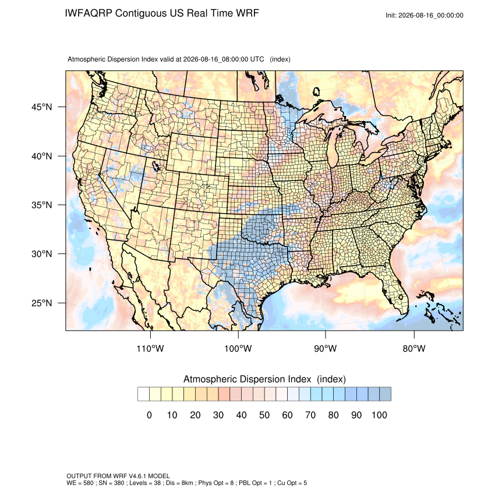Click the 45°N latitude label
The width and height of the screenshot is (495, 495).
coord(41,107)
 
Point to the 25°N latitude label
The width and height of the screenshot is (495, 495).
coord(41,303)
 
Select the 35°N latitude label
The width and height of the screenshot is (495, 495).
coord(41,205)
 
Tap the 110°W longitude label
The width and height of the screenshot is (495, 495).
coord(150,348)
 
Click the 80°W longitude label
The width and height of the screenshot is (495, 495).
coord(414,348)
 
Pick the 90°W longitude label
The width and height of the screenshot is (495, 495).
coord(325,348)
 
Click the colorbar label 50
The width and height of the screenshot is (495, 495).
coord(264,415)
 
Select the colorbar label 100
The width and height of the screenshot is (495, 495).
coord(379,415)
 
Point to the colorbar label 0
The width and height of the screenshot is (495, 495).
coord(149,415)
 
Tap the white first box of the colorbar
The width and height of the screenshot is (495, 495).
coord(143,394)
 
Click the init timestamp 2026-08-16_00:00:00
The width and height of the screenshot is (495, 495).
coord(430,15)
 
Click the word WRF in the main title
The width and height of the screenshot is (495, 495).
coord(248,13)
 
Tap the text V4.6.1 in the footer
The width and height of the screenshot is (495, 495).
coord(137,476)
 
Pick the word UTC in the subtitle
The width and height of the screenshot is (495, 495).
coord(257,59)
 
